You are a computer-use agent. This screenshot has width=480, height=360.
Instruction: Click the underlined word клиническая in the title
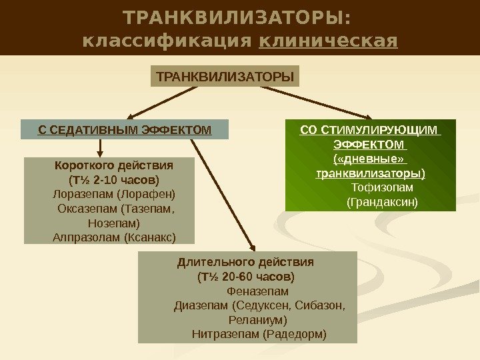point(328,41)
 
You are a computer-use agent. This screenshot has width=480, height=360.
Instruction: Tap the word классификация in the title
point(167,41)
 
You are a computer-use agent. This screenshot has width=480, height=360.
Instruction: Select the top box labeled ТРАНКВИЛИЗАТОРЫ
point(225,76)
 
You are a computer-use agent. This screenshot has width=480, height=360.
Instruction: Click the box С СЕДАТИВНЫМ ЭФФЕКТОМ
point(125,129)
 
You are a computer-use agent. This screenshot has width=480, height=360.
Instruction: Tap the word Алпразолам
point(85,237)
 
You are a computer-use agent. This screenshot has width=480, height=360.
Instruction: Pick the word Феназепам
point(258,291)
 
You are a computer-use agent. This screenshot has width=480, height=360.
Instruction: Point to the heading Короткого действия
point(114,166)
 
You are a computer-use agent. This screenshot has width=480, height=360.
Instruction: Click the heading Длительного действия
point(245,261)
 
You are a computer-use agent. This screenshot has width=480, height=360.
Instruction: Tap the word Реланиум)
point(259,320)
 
